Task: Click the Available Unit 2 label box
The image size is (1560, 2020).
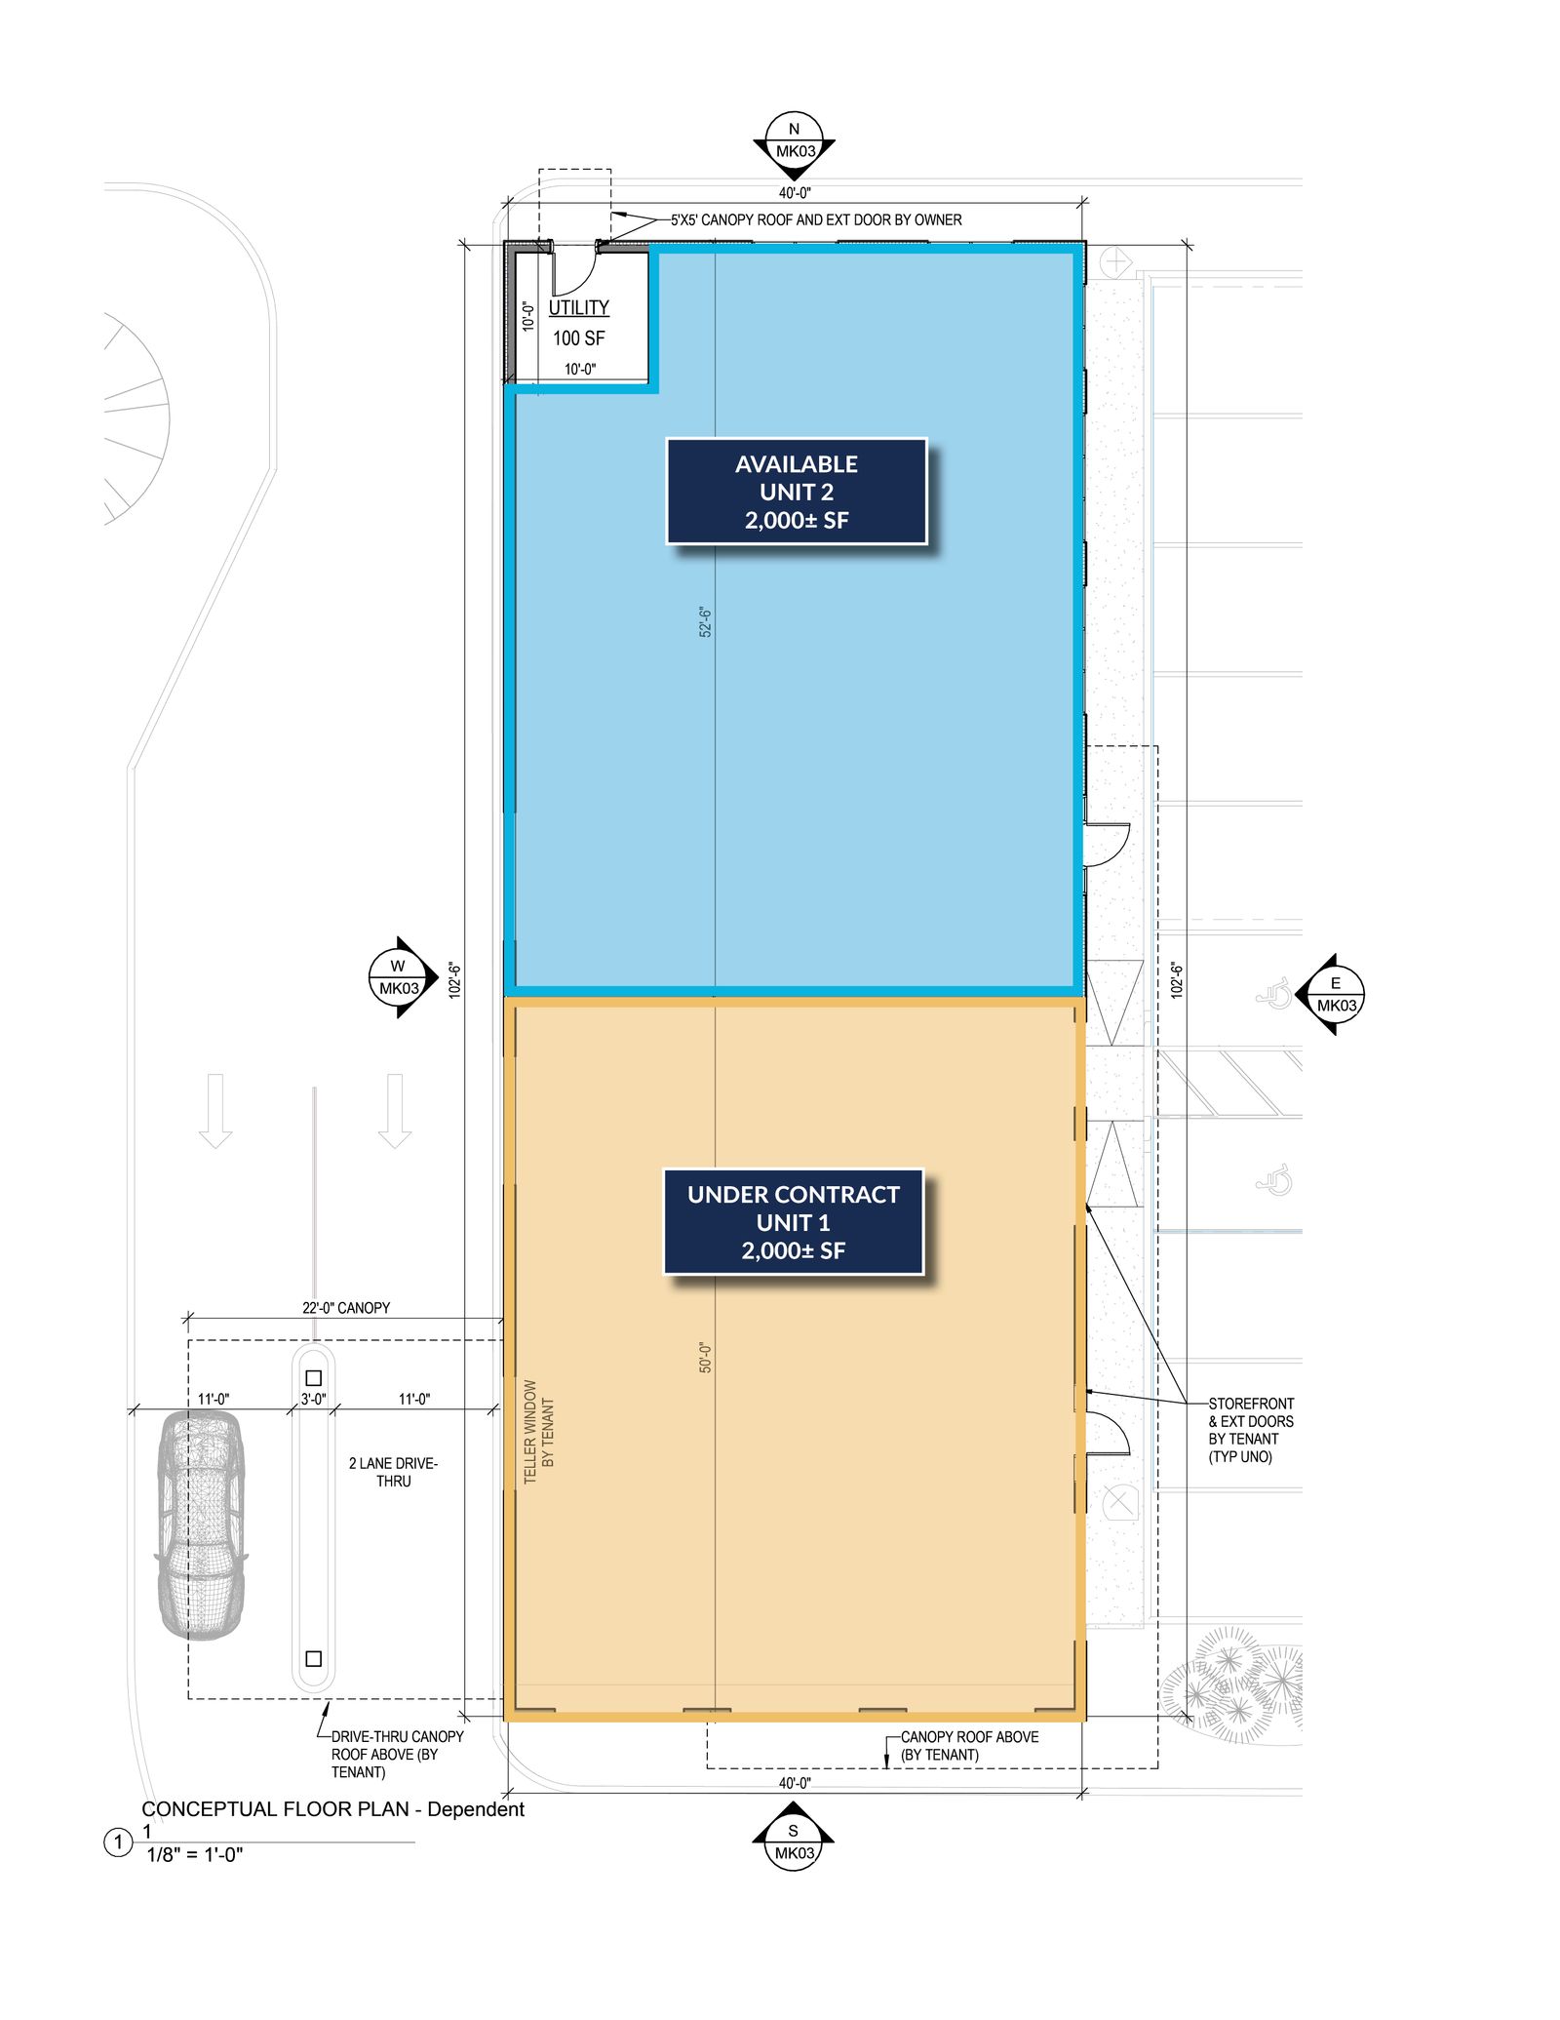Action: tap(796, 491)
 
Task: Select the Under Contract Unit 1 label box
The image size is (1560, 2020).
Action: tap(793, 1221)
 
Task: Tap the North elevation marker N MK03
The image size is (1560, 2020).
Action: tap(794, 145)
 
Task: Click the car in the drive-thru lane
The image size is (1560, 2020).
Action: tap(202, 1525)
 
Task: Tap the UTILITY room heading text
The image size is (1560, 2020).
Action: tap(578, 307)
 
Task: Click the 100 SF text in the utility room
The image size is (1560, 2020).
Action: tap(578, 338)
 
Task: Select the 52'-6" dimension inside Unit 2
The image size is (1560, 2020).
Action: tap(706, 621)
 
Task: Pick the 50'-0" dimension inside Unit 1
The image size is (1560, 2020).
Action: tap(706, 1357)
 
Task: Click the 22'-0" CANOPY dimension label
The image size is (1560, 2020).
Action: tap(345, 1307)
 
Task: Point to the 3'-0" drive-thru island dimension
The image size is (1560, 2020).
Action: tap(313, 1399)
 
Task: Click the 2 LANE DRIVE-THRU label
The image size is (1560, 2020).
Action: tap(393, 1472)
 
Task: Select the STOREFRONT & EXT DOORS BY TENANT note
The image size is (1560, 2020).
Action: tap(1251, 1430)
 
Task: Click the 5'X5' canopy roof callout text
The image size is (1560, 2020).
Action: tap(815, 219)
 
